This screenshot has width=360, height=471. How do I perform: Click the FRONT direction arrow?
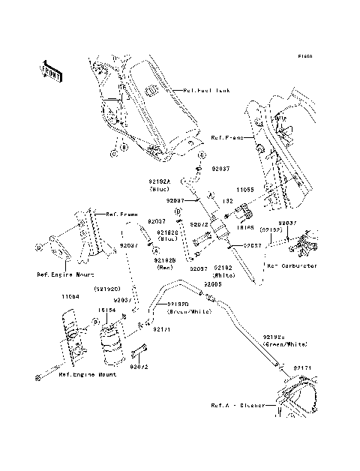click(x=51, y=71)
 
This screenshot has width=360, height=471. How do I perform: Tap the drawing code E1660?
click(x=303, y=56)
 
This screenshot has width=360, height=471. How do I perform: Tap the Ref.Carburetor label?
click(x=291, y=265)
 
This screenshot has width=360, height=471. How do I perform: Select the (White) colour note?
click(x=223, y=275)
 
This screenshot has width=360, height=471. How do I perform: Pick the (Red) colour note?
click(x=166, y=268)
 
